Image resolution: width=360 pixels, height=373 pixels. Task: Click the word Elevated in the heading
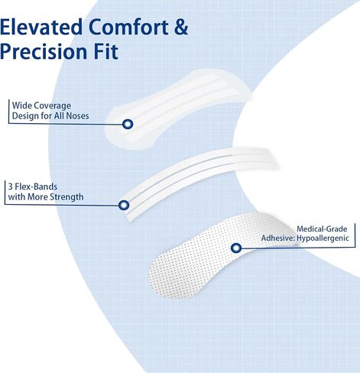(41, 27)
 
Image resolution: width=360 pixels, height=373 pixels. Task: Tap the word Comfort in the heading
(128, 27)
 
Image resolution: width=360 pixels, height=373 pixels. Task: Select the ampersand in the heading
(181, 27)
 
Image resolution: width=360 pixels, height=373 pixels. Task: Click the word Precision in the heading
(43, 51)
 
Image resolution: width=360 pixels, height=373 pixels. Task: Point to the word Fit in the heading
(106, 51)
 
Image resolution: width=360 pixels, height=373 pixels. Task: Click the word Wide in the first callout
(22, 105)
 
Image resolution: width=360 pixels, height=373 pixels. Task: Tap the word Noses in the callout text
(77, 116)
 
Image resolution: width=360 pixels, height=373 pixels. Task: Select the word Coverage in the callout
(53, 106)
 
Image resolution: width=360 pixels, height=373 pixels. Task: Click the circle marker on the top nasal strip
(128, 124)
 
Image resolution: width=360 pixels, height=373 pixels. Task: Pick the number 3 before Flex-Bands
(10, 186)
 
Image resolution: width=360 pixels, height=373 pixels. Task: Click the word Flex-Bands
(36, 186)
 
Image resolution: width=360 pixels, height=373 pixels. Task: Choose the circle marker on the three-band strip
(124, 205)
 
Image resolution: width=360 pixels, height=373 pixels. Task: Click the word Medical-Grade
(322, 229)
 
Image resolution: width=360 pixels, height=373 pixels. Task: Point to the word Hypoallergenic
(323, 238)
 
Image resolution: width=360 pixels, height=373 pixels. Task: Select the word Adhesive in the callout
(277, 238)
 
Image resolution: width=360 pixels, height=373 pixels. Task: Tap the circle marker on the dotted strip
(236, 248)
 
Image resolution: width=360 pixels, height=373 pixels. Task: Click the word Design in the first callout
(24, 116)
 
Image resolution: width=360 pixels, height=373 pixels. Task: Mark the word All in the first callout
(59, 116)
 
